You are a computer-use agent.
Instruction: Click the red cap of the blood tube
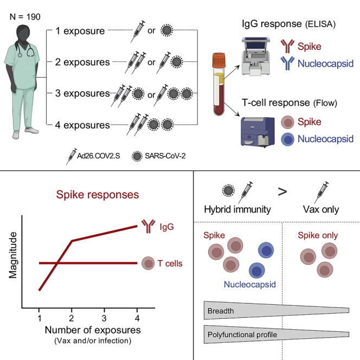[218, 57]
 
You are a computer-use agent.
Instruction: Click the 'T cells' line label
[170, 264]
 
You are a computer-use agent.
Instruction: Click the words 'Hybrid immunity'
[237, 210]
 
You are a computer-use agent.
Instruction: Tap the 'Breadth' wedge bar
[277, 310]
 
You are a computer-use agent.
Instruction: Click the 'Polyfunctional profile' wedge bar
[277, 334]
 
